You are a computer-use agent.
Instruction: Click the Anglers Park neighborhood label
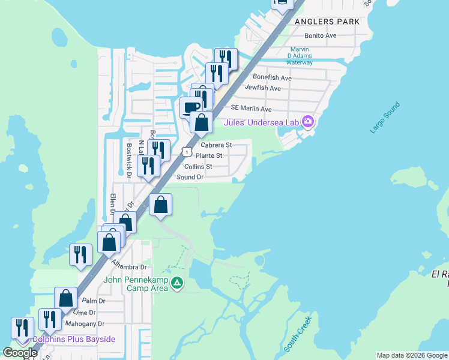(327, 22)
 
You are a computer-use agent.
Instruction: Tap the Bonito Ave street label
(321, 36)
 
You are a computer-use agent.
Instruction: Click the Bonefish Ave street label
(272, 78)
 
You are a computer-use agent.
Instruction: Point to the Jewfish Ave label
(262, 88)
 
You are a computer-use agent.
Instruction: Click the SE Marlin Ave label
(252, 109)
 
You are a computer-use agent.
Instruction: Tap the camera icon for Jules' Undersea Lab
(308, 122)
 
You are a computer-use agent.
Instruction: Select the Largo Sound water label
(385, 118)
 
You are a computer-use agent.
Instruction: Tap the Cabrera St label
(216, 145)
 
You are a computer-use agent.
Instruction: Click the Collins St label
(198, 166)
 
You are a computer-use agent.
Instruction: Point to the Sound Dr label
(190, 177)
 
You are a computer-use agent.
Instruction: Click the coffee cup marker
(191, 107)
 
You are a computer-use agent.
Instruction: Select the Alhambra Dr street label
(127, 267)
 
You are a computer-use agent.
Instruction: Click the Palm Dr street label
(94, 301)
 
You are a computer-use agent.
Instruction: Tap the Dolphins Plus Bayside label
(74, 340)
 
